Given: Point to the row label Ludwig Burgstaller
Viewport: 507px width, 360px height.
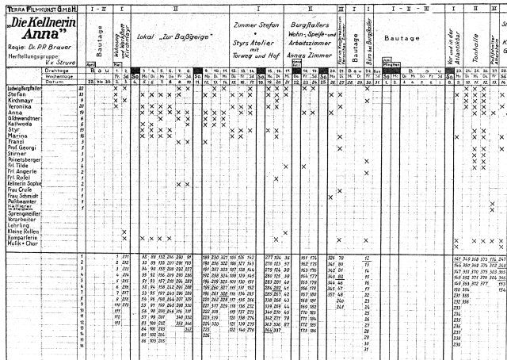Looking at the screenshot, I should tap(24, 87).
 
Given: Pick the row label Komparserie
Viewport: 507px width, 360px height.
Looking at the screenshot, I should tap(21, 237).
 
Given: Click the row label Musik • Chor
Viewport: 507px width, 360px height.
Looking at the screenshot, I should tap(21, 243).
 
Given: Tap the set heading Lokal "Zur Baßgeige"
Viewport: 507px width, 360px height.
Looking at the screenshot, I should tap(166, 36).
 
